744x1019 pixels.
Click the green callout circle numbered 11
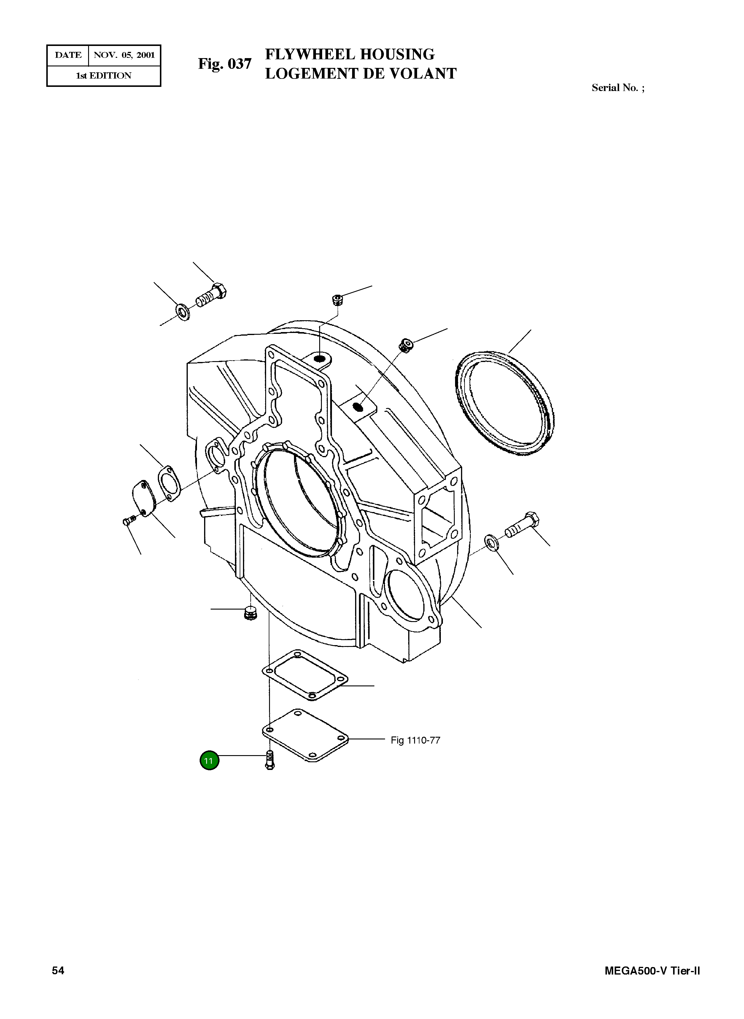tap(209, 761)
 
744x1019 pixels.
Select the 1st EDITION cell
tap(104, 76)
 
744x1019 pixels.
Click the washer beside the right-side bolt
tap(491, 542)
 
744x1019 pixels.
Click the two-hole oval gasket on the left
tap(167, 483)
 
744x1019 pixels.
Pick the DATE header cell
tap(68, 55)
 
